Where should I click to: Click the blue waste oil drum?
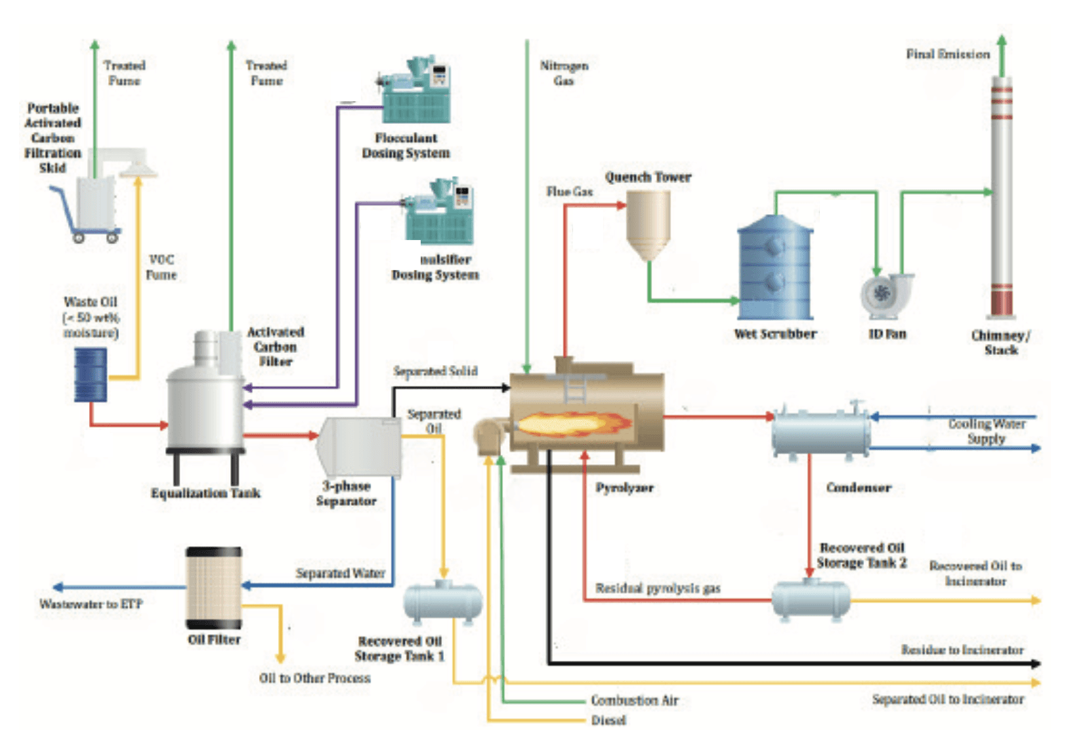click(90, 375)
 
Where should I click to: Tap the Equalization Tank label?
click(205, 493)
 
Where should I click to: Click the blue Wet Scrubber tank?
click(775, 268)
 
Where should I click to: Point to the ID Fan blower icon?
click(884, 294)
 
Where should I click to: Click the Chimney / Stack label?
click(1001, 343)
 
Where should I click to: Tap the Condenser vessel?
click(821, 433)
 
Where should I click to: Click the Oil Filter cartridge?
click(214, 588)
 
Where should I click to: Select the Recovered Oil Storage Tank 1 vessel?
click(443, 602)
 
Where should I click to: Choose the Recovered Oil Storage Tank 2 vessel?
click(811, 599)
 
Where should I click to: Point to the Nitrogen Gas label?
click(564, 73)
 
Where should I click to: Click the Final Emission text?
click(948, 54)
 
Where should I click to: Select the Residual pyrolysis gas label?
click(657, 588)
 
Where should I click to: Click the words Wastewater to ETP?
click(91, 604)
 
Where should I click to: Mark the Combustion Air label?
click(634, 700)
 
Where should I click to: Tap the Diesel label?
click(608, 720)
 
